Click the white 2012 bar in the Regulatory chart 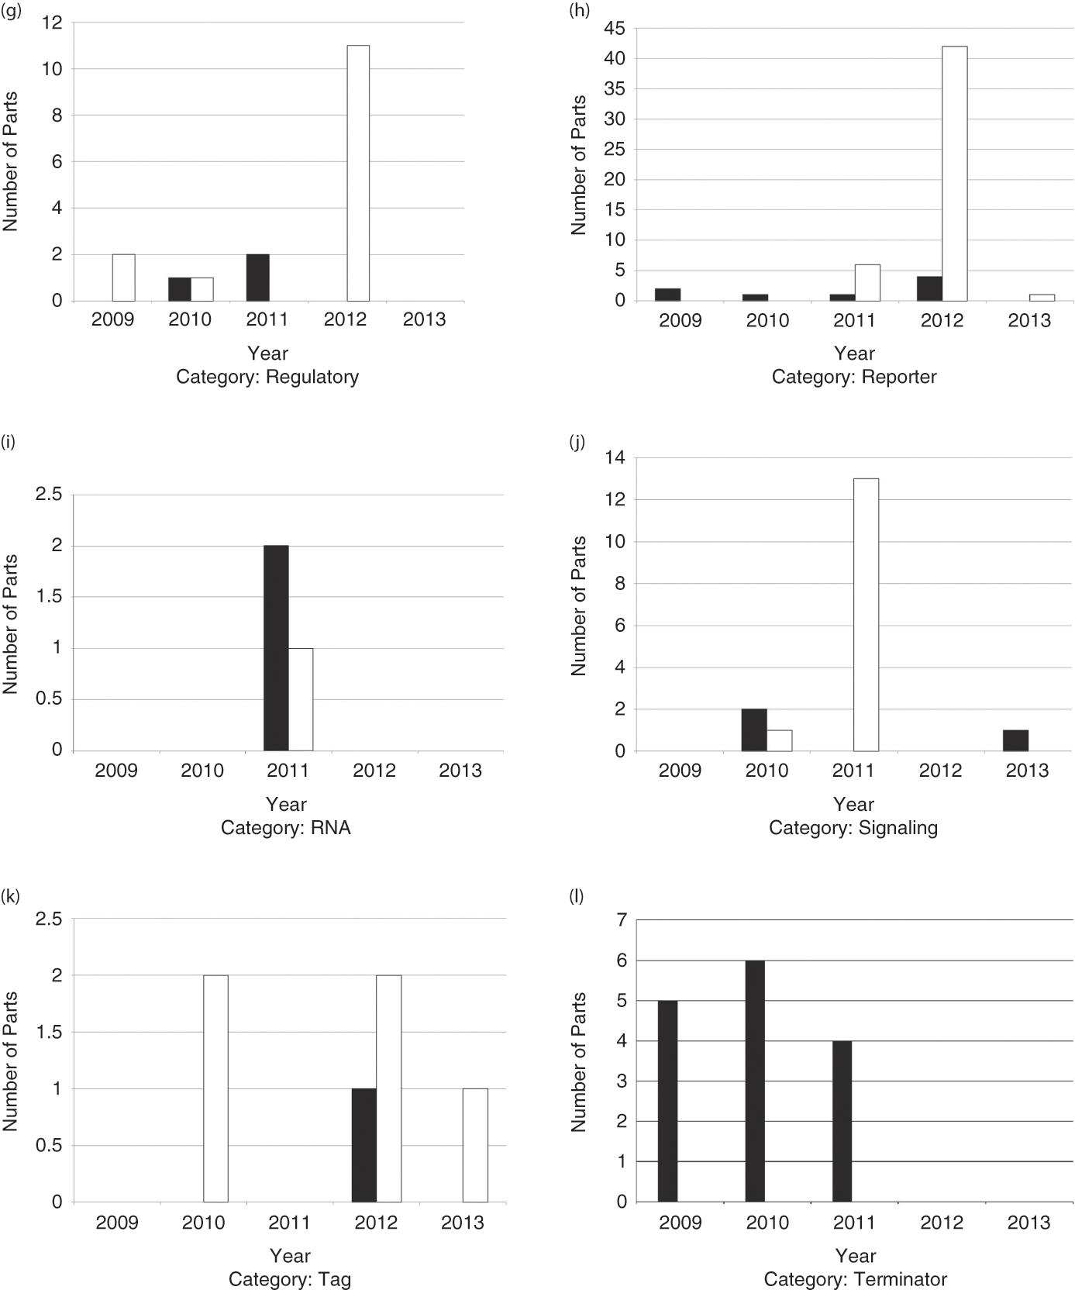(357, 173)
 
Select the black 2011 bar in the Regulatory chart (257, 278)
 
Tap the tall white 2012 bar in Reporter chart (954, 173)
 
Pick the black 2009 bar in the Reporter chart (668, 295)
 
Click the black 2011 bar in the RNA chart (276, 648)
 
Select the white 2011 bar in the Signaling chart (866, 615)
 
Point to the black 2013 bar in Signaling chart (1015, 740)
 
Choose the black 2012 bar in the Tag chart (364, 1145)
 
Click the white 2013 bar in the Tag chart (475, 1145)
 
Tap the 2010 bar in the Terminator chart (755, 1081)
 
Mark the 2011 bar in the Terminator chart (842, 1121)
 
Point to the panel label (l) (576, 896)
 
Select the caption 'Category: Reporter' (854, 378)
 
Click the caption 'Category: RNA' (286, 828)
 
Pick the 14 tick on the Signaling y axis (615, 457)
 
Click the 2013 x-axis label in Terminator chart (1028, 1223)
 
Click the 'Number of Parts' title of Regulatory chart (11, 162)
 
